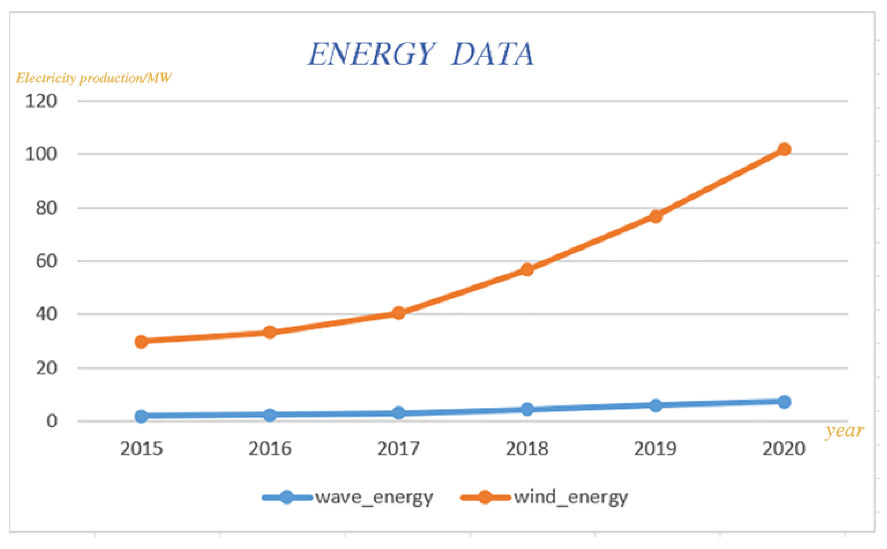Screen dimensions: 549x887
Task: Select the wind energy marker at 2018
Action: click(527, 270)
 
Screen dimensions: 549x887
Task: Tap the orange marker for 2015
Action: click(141, 341)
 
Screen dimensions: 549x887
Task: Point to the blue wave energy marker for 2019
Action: click(655, 405)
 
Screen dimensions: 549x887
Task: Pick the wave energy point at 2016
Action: click(269, 415)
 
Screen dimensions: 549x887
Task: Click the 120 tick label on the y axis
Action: click(41, 101)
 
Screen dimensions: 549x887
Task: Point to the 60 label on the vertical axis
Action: click(46, 261)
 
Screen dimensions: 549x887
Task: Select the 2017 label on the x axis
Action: click(398, 449)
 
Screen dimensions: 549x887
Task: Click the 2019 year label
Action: click(655, 449)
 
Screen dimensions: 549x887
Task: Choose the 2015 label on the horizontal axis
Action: click(141, 449)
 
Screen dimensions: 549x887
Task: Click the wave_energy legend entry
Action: click(374, 497)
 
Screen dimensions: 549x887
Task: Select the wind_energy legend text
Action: click(570, 497)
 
